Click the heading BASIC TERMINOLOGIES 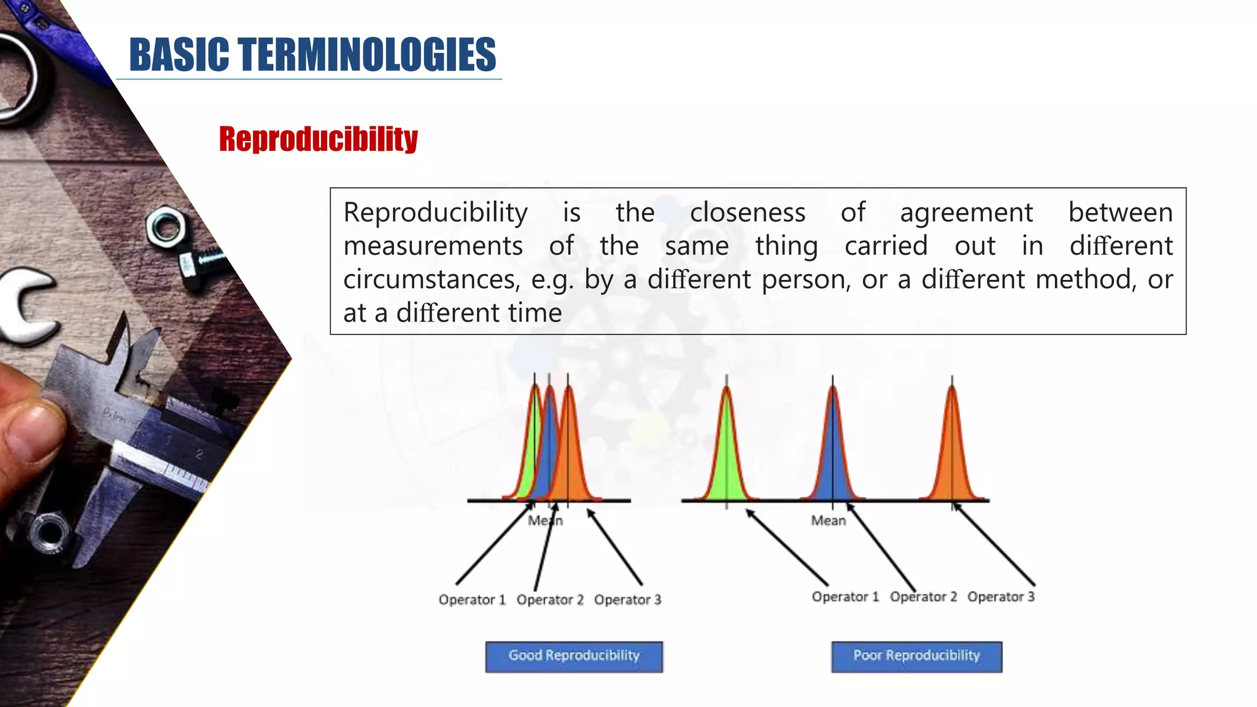pos(312,54)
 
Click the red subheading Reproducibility pos(318,139)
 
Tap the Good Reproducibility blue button pos(574,656)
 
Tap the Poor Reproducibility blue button pos(916,656)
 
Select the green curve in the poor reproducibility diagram pos(727,454)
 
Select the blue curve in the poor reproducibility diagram pos(833,454)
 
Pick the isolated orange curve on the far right pos(952,454)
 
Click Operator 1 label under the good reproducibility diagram pos(471,600)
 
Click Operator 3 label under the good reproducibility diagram pos(627,600)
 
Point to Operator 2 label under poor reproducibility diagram pos(923,597)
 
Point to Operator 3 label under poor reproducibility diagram pos(1001,597)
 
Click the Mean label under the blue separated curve pos(828,520)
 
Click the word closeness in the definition pos(747,212)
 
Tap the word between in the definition pos(1120,212)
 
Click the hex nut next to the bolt pos(166,228)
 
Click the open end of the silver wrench pos(25,307)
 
